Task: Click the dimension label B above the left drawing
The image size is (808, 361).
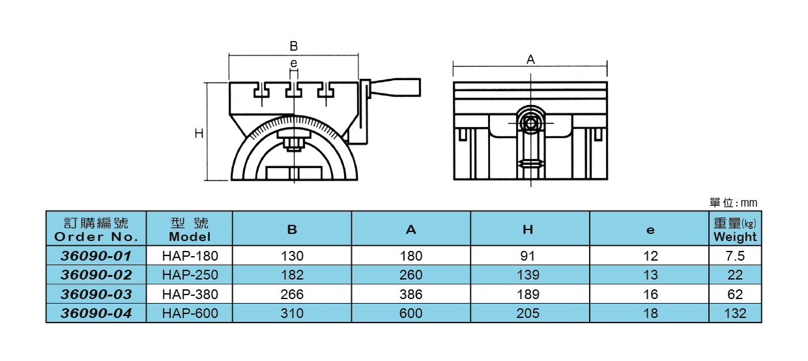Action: click(293, 46)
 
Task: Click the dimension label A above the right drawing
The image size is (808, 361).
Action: click(530, 59)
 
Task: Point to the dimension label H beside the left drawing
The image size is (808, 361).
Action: click(199, 133)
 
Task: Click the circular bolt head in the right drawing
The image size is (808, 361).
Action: click(530, 123)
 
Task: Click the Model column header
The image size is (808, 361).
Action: click(189, 229)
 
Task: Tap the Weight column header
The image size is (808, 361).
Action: click(735, 229)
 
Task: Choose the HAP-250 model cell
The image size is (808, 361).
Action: click(190, 275)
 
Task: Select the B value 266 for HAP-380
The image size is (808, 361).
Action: click(292, 295)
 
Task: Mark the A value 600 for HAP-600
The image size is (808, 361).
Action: click(411, 313)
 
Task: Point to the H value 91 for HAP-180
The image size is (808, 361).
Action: click(530, 256)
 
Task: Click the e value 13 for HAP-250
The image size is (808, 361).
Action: click(650, 275)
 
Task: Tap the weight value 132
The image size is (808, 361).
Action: click(735, 313)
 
